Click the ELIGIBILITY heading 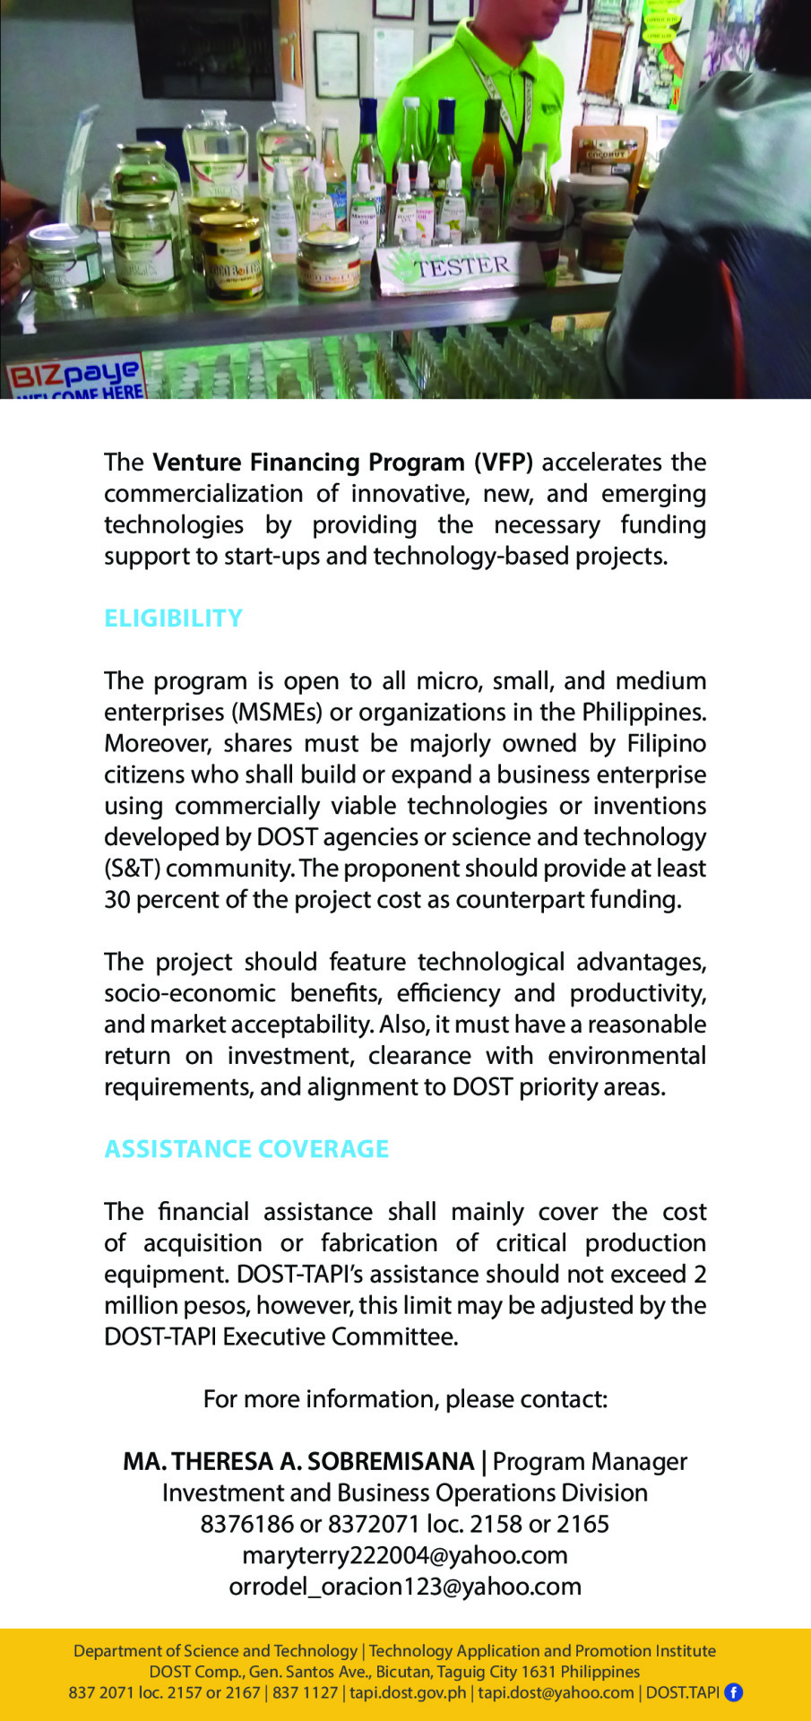point(173,618)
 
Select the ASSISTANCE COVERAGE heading point(246,1149)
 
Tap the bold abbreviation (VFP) point(503,463)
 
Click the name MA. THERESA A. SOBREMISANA point(298,1462)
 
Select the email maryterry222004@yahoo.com point(405,1555)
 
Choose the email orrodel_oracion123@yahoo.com point(405,1587)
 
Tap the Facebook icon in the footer point(733,1692)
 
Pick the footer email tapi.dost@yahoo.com point(556,1692)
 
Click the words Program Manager point(590,1462)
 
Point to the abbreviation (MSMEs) point(278,713)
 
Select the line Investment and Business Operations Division point(405,1493)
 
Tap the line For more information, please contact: point(405,1399)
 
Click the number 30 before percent point(116,900)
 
